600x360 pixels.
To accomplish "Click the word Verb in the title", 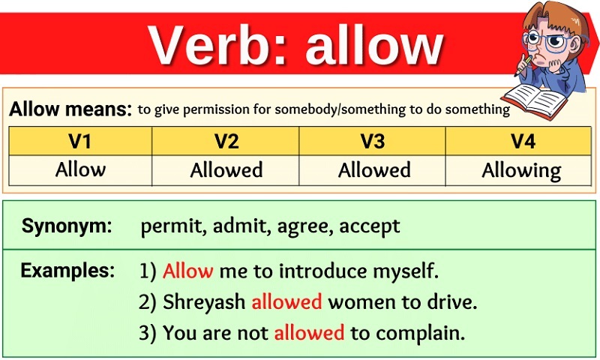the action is [212, 45].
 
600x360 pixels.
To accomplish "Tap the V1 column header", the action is [80, 141].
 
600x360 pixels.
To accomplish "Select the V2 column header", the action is [226, 141].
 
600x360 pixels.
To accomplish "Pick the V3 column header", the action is [372, 141].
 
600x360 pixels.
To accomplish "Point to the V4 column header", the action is [523, 141].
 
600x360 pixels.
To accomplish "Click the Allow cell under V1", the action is [80, 169].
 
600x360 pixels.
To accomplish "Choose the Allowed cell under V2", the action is [226, 169].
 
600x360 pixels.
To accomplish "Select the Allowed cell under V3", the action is [374, 169].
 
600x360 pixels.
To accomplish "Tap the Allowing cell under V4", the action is [521, 171].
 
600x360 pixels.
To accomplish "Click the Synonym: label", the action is [67, 226].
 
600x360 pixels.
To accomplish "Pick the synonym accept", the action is [370, 226].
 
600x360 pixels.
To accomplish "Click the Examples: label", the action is [67, 270].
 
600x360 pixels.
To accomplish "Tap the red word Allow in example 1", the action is [188, 271].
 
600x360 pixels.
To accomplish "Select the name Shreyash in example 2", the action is [204, 301].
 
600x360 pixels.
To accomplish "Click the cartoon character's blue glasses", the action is [550, 41].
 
